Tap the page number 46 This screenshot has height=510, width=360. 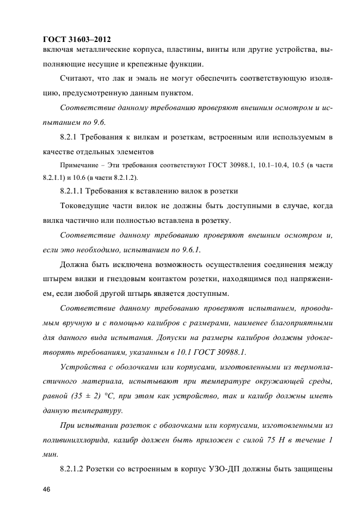47,491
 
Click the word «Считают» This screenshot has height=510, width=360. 78,79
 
